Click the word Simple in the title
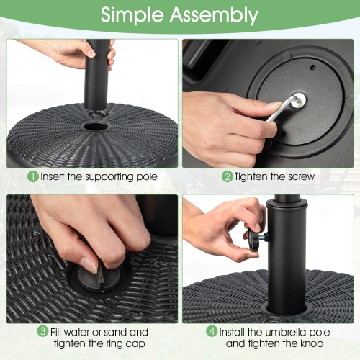tap(136, 15)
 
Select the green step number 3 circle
tap(43, 332)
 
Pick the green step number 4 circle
tap(212, 332)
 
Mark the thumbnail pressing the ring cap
tap(89, 264)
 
